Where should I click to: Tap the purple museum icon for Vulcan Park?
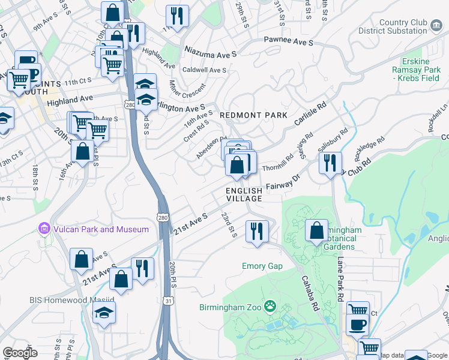pos(43,229)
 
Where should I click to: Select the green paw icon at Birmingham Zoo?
pos(271,307)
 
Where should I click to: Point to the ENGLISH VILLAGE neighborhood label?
pos(244,194)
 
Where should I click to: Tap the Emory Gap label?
pos(262,266)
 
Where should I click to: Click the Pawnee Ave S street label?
pos(289,43)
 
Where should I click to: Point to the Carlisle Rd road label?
pos(310,113)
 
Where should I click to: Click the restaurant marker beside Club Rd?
pos(330,163)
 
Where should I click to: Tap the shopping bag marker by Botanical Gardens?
pos(316,230)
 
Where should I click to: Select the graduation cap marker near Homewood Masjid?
pos(104,313)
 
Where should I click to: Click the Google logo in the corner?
pos(20,353)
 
